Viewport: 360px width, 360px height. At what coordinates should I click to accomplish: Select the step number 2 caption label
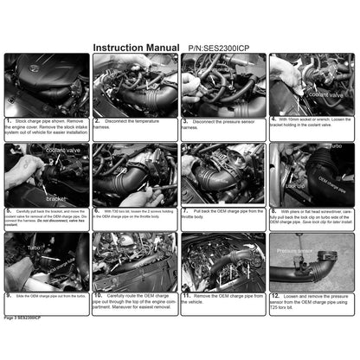(x=98, y=122)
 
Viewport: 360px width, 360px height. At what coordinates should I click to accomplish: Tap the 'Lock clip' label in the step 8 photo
(x=294, y=185)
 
